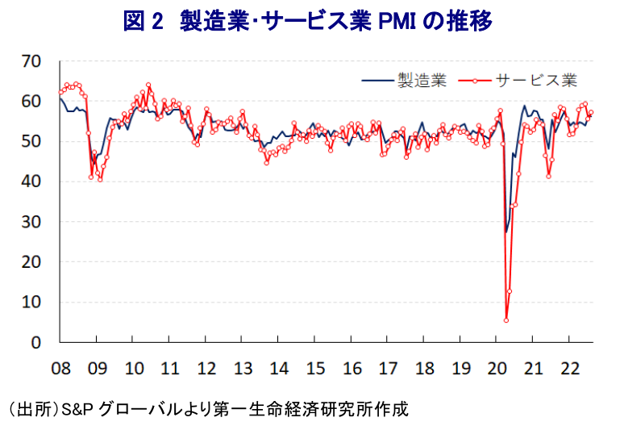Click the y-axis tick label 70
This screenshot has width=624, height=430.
[31, 61]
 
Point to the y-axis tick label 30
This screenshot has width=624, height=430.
[31, 222]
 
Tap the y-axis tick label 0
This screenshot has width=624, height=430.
[36, 342]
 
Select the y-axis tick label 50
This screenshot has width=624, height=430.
[31, 141]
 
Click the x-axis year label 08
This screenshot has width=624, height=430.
[61, 369]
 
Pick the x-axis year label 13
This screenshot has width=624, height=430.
[243, 369]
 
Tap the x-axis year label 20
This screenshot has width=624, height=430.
[497, 369]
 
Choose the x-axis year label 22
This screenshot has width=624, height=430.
[570, 369]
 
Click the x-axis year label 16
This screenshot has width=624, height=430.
[352, 369]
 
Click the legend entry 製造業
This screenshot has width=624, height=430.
[422, 81]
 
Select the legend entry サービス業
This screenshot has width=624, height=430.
[536, 81]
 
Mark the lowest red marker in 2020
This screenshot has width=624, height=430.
[506, 320]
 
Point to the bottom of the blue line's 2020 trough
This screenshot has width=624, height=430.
[506, 232]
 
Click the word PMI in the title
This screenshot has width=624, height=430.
[397, 21]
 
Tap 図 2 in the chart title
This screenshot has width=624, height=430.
[144, 21]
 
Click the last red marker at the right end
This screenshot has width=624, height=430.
[591, 112]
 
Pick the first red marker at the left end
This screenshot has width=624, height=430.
[60, 92]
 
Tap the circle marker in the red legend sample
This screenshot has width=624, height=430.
[475, 81]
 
